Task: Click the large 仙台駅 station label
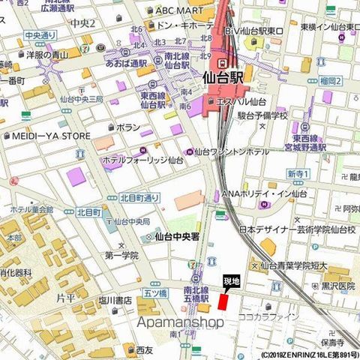coord(234,77)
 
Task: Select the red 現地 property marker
coord(222,300)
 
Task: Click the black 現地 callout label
coord(232,281)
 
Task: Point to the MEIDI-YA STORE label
coord(50,136)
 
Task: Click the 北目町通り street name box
coord(139,198)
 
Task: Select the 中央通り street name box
coord(40,35)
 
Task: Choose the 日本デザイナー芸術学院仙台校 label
coord(292,230)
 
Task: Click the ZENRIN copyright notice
coord(310,355)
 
